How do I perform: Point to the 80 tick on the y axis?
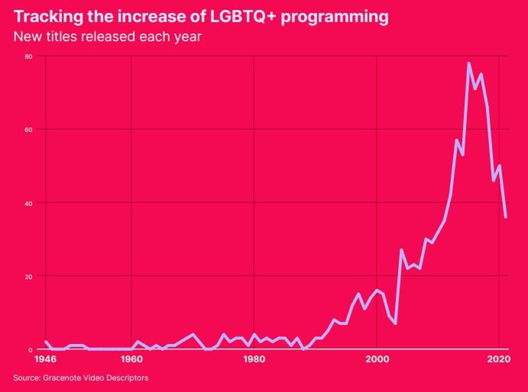pyautogui.click(x=28, y=56)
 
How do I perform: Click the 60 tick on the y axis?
pyautogui.click(x=28, y=130)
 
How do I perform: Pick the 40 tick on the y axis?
pyautogui.click(x=28, y=203)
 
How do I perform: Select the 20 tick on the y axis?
pyautogui.click(x=28, y=276)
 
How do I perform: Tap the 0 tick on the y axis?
pyautogui.click(x=31, y=349)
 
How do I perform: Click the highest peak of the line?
pyautogui.click(x=468, y=63)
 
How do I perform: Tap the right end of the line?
pyautogui.click(x=505, y=217)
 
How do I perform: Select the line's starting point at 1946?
pyautogui.click(x=46, y=342)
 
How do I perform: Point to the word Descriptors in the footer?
pyautogui.click(x=127, y=378)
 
